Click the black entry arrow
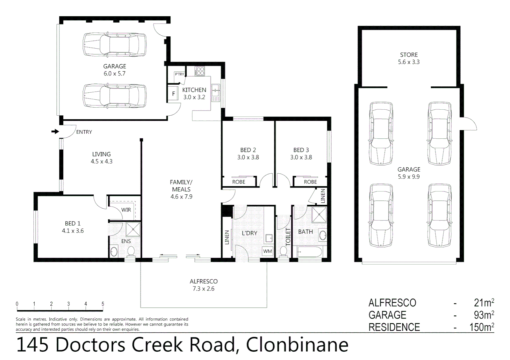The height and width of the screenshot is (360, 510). click(x=55, y=132)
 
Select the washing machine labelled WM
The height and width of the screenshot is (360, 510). click(x=268, y=251)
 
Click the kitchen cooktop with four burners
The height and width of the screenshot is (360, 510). click(x=200, y=71)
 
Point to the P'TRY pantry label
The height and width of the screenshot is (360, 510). click(x=179, y=74)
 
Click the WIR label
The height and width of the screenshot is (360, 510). click(x=126, y=210)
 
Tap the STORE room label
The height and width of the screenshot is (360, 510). click(x=409, y=55)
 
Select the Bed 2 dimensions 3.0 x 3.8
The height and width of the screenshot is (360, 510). click(x=248, y=157)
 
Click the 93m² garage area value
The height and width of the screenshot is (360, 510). click(x=484, y=315)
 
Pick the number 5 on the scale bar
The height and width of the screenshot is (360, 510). click(x=103, y=304)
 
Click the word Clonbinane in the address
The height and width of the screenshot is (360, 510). click(x=297, y=345)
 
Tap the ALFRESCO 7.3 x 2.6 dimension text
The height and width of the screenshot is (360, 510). click(x=203, y=289)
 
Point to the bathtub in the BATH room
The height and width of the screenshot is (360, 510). click(x=309, y=252)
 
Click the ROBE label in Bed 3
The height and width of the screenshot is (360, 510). click(x=310, y=182)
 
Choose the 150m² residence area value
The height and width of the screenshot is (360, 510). click(x=482, y=327)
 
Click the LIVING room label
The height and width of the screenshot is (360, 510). click(x=101, y=154)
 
